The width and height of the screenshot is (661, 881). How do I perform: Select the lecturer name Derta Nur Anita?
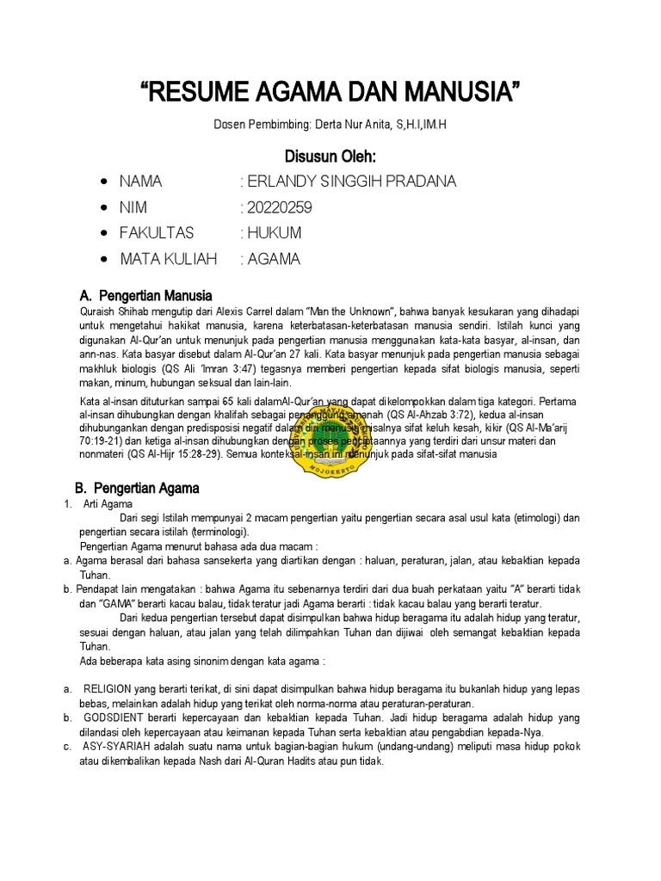tap(355, 125)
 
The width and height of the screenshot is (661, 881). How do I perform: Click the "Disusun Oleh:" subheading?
tap(330, 156)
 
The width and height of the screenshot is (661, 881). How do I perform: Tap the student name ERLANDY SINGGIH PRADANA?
tap(351, 182)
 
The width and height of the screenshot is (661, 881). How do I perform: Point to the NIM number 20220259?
tap(280, 207)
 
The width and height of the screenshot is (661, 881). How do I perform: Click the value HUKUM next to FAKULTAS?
tap(275, 233)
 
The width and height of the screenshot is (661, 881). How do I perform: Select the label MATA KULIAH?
tap(168, 259)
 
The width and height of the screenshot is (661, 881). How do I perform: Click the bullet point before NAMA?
tap(103, 182)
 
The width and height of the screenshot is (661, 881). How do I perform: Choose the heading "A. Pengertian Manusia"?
tap(151, 296)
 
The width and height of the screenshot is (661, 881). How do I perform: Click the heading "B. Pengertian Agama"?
tap(146, 488)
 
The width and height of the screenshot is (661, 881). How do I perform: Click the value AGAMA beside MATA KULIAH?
tap(274, 259)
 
